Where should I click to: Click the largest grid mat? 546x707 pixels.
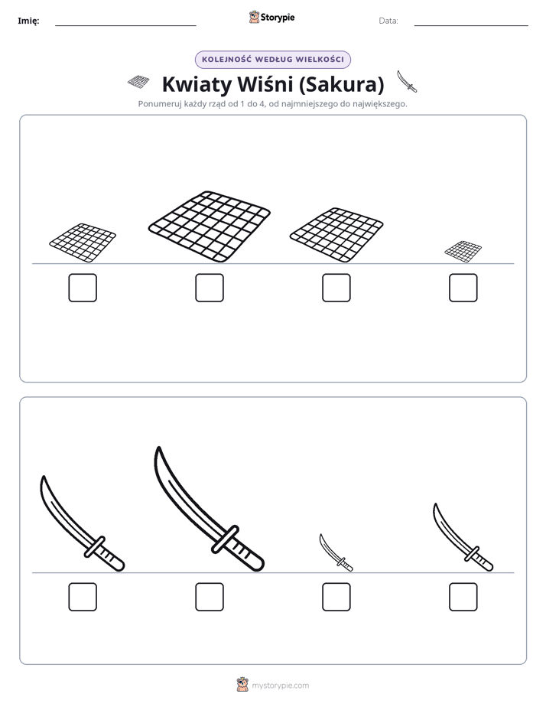coord(210,226)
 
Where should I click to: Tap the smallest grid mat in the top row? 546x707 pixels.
coord(463,252)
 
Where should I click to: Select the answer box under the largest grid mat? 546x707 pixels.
coord(210,288)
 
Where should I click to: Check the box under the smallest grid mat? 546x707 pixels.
coord(463,288)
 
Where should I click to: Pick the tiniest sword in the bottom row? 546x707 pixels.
coord(335,552)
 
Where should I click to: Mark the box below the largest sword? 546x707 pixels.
coord(210,597)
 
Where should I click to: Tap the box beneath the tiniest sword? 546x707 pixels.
coord(336,597)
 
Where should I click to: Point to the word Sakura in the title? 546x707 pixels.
coord(344,84)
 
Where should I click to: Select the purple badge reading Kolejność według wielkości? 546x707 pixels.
coord(273,60)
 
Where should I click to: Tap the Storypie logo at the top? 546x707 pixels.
coord(271,17)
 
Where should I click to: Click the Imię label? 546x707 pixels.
coord(28,21)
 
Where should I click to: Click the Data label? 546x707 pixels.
coord(388,21)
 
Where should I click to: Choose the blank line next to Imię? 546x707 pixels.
coord(125,26)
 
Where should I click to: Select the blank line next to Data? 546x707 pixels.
coord(471,26)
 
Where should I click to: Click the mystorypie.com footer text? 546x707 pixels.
coord(280,686)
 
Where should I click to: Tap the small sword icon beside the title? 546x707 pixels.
coord(407,81)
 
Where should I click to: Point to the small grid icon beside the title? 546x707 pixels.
coord(138,82)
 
